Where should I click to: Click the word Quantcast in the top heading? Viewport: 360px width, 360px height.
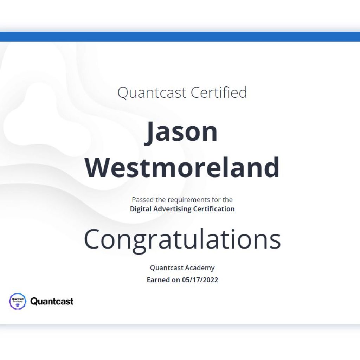click(x=152, y=93)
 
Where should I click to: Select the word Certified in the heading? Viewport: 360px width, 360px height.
click(x=219, y=92)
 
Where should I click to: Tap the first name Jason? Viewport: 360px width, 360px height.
click(x=181, y=132)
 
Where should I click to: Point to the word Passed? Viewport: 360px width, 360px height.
click(x=143, y=200)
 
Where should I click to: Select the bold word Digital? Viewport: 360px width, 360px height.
click(x=141, y=209)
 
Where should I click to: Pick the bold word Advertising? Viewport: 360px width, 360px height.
click(x=172, y=209)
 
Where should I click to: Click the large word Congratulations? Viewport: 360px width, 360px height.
click(x=182, y=240)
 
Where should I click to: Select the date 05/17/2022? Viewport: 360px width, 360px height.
click(x=200, y=280)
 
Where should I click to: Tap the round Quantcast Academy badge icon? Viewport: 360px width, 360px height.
click(x=18, y=301)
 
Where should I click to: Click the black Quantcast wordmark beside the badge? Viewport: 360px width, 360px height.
click(x=52, y=301)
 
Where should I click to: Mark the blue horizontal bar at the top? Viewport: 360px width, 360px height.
click(x=180, y=37)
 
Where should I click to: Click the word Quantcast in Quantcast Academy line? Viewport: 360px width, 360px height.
click(x=166, y=268)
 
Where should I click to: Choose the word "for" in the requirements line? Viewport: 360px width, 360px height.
click(x=216, y=200)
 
